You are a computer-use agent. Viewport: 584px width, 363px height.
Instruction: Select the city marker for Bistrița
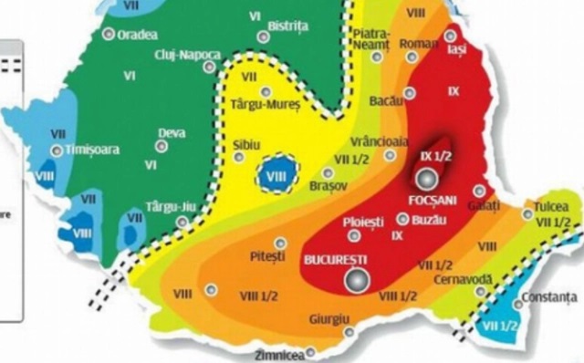click(x=263, y=37)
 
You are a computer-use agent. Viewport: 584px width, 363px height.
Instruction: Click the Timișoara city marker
click(x=57, y=150)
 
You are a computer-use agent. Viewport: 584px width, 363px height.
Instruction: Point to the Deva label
click(x=172, y=133)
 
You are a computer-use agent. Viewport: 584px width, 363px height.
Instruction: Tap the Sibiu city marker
click(x=239, y=157)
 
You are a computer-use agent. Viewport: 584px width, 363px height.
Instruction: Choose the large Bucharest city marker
click(x=357, y=280)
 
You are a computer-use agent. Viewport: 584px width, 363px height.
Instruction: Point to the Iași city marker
click(x=451, y=36)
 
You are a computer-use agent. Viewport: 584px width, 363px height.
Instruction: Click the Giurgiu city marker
click(x=349, y=332)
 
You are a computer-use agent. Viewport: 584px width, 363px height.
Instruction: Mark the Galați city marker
click(x=480, y=192)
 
